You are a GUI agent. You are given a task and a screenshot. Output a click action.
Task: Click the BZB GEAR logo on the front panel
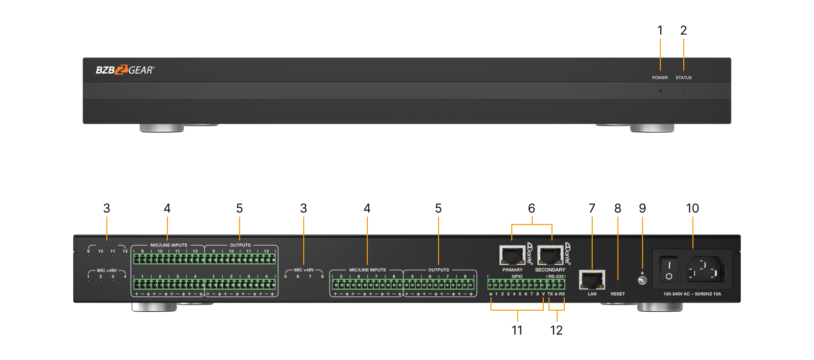coord(125,70)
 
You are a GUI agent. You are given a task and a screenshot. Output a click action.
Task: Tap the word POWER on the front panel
coord(660,78)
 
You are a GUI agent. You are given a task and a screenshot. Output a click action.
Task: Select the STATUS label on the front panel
coord(683,78)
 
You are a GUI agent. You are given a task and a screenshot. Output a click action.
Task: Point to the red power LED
coord(660,91)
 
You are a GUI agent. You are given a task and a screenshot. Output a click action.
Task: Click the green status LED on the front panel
coord(684,91)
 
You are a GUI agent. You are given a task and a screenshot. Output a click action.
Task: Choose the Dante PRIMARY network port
coord(512,255)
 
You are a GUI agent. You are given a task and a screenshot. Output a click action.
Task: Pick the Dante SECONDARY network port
coord(550,255)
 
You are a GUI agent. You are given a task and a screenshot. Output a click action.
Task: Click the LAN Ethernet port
coord(592,280)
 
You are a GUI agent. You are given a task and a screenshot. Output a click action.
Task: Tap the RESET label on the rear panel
coord(618,294)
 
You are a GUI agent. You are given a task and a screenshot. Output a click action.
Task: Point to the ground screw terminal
coord(642,280)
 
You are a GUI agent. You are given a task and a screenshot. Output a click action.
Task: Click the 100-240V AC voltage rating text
coord(692,294)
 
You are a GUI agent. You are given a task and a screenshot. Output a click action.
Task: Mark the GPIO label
coord(517,277)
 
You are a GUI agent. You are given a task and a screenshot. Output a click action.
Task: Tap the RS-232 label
coord(556,277)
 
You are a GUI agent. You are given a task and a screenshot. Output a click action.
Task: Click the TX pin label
coord(550,294)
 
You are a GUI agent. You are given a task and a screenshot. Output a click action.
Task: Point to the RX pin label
coord(562,294)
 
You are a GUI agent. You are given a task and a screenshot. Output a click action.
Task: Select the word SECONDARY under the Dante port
coord(550,270)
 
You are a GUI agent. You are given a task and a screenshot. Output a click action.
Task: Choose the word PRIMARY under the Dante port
coord(512,270)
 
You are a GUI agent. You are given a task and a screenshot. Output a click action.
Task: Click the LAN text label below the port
coord(592,294)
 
